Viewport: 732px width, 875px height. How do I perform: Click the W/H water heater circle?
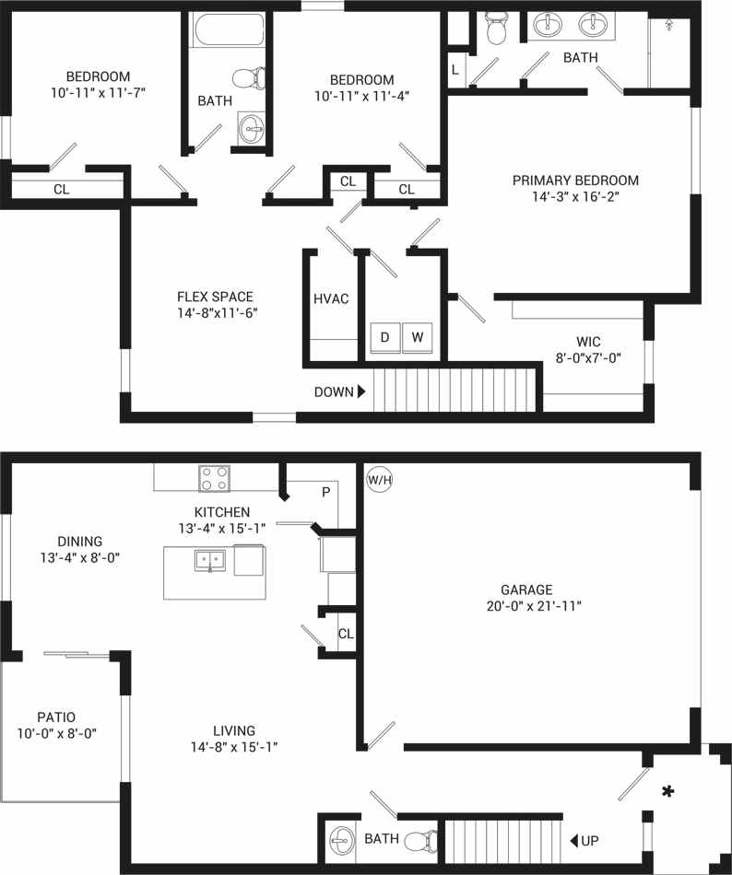tap(379, 479)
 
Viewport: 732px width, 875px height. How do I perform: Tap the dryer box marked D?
tap(384, 338)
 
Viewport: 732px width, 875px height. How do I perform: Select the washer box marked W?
tap(418, 338)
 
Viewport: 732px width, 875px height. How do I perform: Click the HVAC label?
tap(331, 299)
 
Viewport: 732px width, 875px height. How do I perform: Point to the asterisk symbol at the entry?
tap(667, 791)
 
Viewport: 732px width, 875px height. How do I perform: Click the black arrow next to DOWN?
tap(361, 391)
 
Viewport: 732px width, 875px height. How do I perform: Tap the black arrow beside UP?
tap(573, 840)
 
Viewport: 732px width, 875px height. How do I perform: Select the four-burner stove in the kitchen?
tap(215, 479)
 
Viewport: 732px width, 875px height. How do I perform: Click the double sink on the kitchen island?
tap(210, 559)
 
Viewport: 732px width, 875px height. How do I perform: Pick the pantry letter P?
tap(325, 492)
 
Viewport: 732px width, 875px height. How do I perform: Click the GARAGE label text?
tap(526, 589)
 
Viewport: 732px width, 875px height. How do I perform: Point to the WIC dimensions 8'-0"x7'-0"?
tap(587, 357)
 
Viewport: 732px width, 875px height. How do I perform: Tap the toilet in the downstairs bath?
tap(421, 840)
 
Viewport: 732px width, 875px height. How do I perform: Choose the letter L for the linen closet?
tap(455, 69)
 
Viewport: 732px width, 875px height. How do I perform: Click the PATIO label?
tap(56, 717)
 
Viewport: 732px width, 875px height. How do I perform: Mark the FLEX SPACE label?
tap(216, 297)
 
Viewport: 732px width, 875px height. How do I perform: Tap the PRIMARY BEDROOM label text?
tap(575, 181)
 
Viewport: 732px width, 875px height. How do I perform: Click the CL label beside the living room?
tap(346, 634)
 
